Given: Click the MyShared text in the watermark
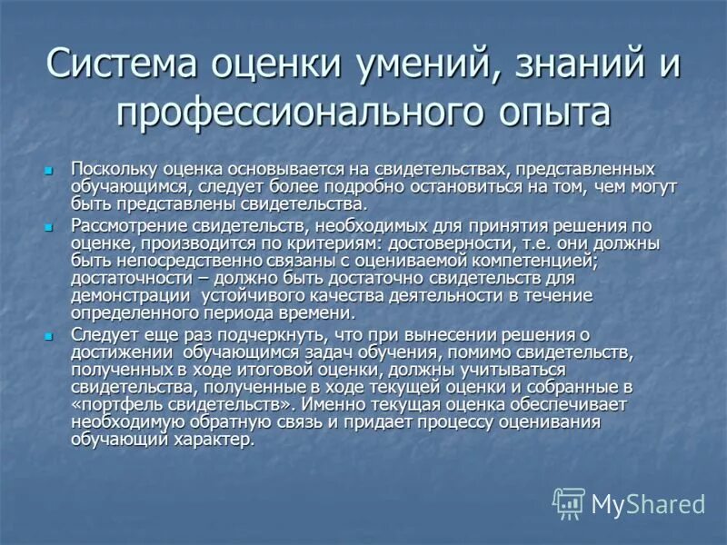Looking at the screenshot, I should point(648,502).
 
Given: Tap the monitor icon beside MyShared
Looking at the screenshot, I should point(569,503).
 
